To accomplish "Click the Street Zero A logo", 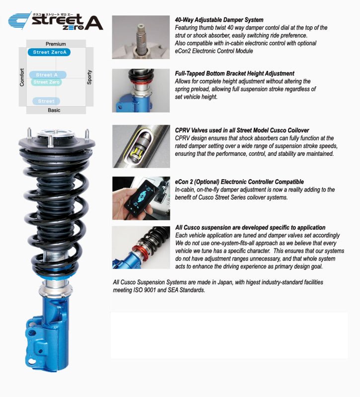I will (x=55, y=21).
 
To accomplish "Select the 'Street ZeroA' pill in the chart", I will (x=48, y=52).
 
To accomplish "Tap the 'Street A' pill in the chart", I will (x=48, y=75).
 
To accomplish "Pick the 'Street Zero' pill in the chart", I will (x=47, y=82).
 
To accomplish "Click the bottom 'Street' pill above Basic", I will (x=46, y=101).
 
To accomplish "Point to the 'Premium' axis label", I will (x=55, y=44).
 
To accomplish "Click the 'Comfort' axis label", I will (x=22, y=77).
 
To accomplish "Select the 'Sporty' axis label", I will (x=89, y=77).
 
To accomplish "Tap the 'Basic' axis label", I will (x=54, y=110).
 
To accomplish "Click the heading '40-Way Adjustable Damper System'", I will (x=219, y=20).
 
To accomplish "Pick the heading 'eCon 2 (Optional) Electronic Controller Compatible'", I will (x=239, y=182).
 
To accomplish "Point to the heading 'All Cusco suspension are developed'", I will (x=250, y=227).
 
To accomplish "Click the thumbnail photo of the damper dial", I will (x=141, y=37).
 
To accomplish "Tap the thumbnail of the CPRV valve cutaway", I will (x=141, y=146).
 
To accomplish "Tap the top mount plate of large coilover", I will (x=57, y=142).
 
